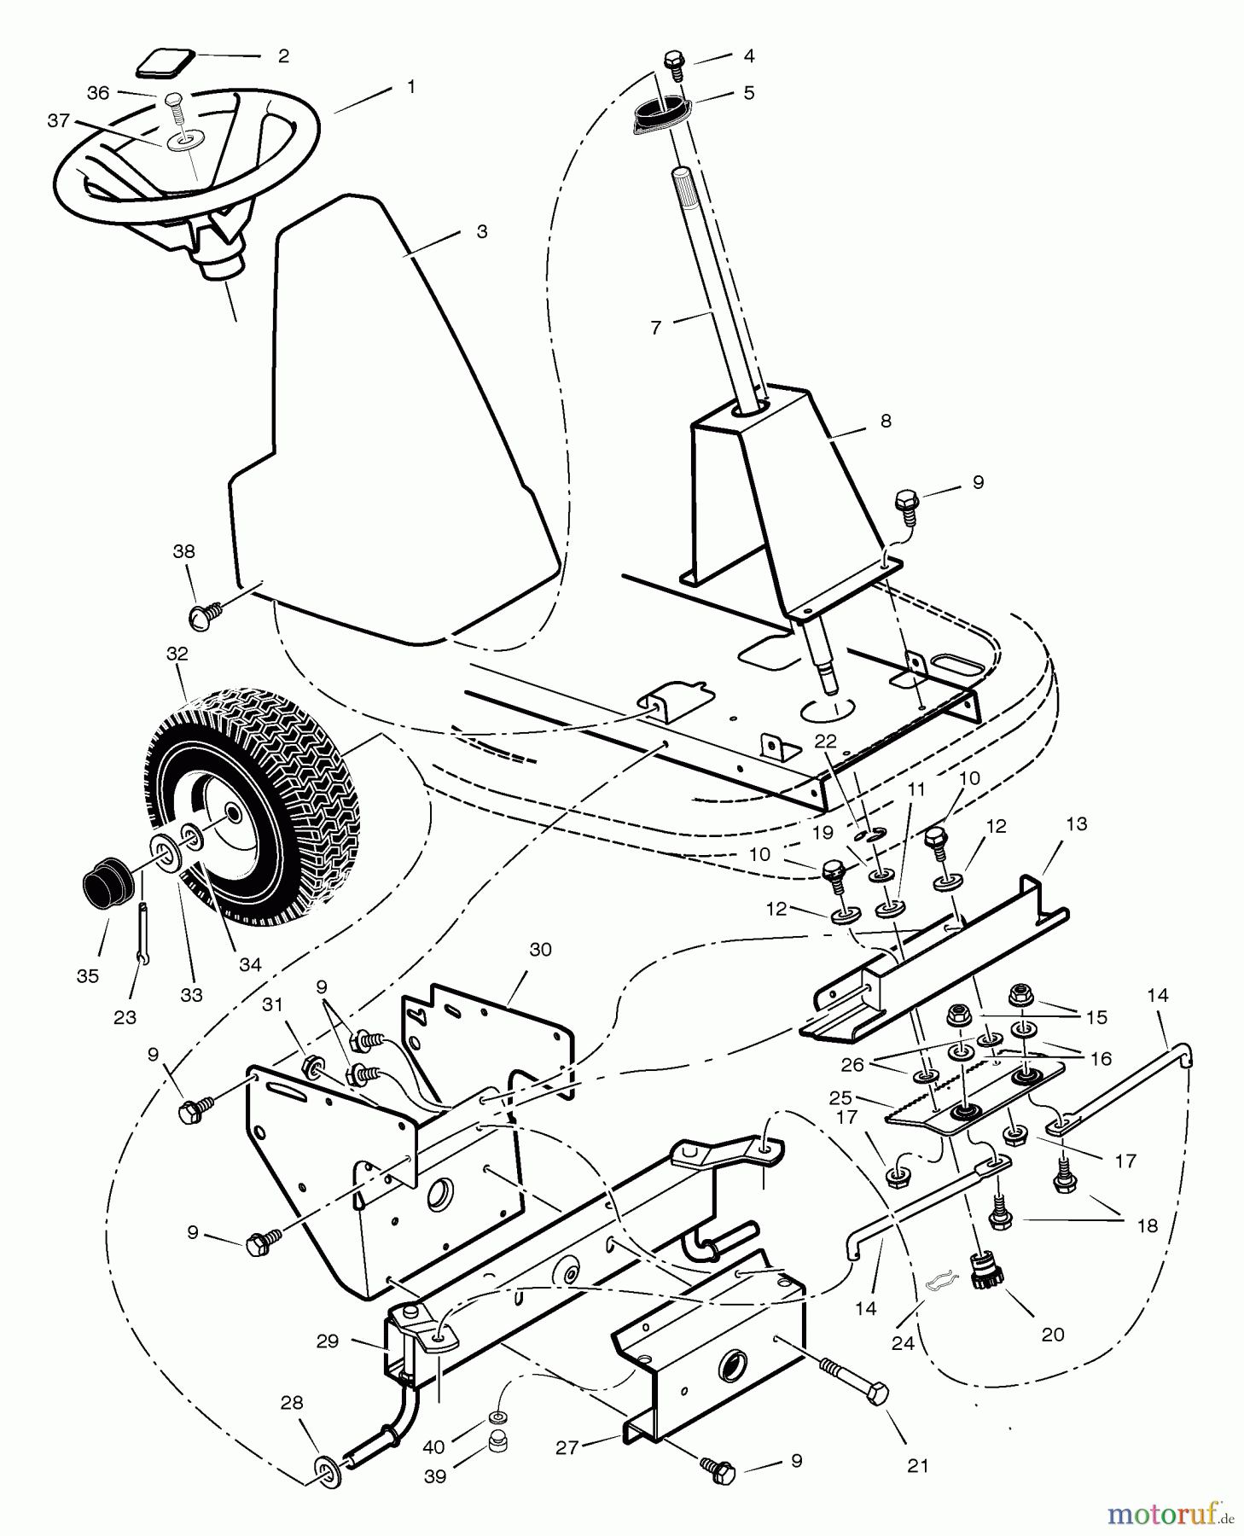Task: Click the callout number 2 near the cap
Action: click(283, 56)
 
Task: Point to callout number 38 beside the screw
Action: click(183, 552)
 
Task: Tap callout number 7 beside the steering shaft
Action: click(655, 328)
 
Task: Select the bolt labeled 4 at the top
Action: click(674, 62)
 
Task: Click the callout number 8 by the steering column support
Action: click(886, 421)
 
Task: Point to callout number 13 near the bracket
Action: click(1077, 824)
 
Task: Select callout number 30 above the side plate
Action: click(540, 950)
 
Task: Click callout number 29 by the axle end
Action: click(328, 1341)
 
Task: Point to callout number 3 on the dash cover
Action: click(481, 232)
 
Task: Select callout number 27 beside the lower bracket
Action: click(567, 1446)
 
